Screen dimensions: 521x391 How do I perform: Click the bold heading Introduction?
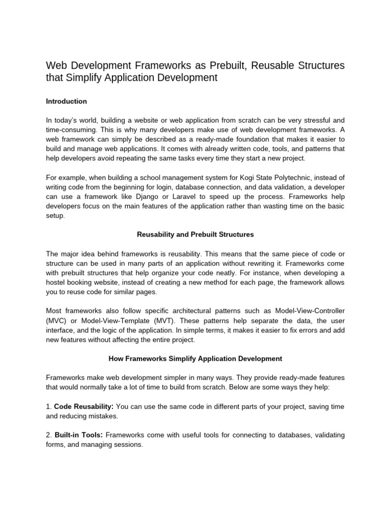point(66,101)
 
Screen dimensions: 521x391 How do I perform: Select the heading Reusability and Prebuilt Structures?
point(195,235)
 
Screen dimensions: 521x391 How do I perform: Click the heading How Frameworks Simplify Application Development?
point(195,359)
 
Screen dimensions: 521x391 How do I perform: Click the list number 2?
point(48,435)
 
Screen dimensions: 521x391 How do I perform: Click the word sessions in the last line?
point(129,445)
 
